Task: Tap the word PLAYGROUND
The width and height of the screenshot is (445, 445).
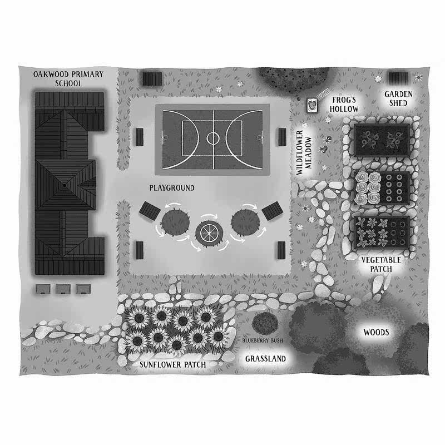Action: point(171,188)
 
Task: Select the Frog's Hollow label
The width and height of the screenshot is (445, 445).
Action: point(344,104)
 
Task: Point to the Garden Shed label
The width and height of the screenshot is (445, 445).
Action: point(399,98)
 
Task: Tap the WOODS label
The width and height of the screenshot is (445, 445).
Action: point(376,333)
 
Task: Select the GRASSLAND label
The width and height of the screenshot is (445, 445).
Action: point(265,359)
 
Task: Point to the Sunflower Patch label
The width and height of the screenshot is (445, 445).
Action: point(172,364)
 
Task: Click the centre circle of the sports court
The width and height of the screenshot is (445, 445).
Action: point(213,137)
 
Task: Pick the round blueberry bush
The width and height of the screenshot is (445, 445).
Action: point(263,323)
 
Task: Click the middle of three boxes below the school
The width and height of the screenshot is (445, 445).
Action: point(63,289)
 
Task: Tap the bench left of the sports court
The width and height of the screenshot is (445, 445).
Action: point(139,136)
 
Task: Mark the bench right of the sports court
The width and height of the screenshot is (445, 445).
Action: point(283,135)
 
